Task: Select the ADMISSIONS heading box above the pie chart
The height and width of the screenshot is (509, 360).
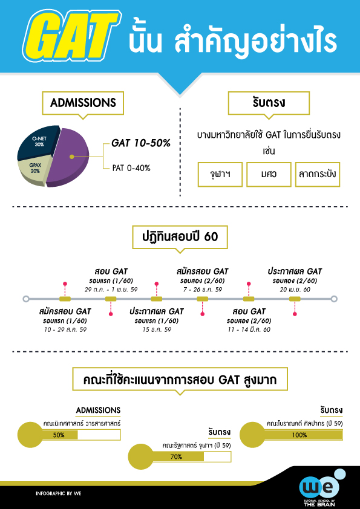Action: point(83,103)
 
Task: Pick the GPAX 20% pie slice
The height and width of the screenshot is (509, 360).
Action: point(34,169)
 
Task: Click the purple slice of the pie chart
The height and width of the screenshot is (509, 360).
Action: point(68,157)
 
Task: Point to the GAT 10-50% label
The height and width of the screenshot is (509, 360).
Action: point(141,143)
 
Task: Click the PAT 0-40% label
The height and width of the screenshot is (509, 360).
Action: point(131,168)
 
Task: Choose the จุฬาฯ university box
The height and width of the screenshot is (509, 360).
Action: point(220,174)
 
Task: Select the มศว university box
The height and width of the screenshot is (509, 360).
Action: point(269,174)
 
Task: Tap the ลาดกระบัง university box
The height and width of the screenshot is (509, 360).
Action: point(318,174)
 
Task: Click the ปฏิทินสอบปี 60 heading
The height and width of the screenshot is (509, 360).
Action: point(180,237)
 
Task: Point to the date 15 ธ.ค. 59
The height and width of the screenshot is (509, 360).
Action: point(157,330)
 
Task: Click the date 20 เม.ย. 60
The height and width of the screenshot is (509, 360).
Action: point(295,290)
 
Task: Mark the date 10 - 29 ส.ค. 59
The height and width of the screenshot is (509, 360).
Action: point(65,330)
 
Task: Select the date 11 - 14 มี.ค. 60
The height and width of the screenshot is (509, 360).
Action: point(249,330)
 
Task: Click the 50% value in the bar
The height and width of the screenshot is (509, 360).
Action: point(59,435)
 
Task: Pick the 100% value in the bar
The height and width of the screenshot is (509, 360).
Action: point(299,435)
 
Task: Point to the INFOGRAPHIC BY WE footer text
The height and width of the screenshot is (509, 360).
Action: point(59,493)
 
